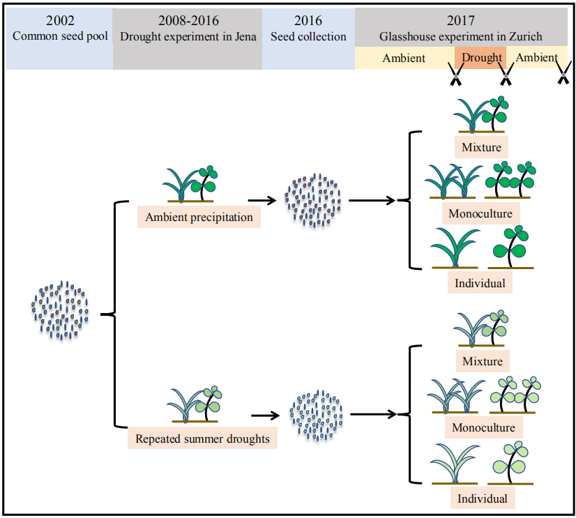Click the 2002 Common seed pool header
coord(60,29)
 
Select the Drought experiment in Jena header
coord(187,29)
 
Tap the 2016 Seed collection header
coord(308,29)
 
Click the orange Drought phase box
coord(481,58)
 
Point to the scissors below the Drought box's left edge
coord(455,76)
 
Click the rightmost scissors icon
coord(562,76)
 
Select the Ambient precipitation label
coord(199,217)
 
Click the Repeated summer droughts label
coord(203,439)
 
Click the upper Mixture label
coord(482,147)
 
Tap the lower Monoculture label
coord(483,427)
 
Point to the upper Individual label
coord(481,284)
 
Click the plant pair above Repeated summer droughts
coord(192,405)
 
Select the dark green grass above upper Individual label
coord(453,247)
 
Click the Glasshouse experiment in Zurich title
coord(460,36)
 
